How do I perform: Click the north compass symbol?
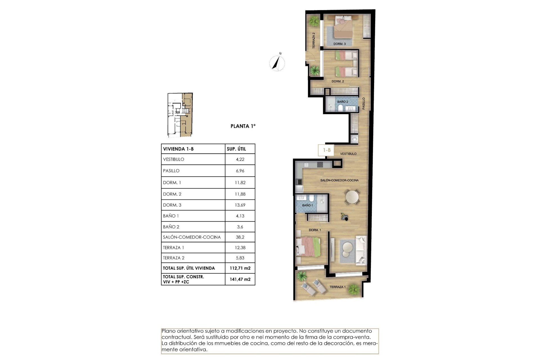tap(277, 63)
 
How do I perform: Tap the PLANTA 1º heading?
tap(243, 126)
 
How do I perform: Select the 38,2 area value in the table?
tap(240, 237)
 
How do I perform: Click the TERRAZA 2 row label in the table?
tap(174, 258)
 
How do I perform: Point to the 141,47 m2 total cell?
tap(240, 279)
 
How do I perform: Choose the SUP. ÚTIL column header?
tap(236, 149)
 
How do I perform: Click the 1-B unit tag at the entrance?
tap(327, 150)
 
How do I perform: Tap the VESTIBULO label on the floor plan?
tap(348, 154)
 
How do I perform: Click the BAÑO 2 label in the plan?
tap(343, 102)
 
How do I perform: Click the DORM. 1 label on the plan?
tap(315, 230)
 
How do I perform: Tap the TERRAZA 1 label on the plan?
tap(337, 287)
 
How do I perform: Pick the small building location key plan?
tap(180, 115)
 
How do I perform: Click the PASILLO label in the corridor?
tap(363, 103)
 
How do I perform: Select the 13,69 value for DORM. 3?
tap(240, 205)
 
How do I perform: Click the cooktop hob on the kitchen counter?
tap(320, 165)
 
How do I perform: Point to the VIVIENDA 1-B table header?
tap(178, 149)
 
